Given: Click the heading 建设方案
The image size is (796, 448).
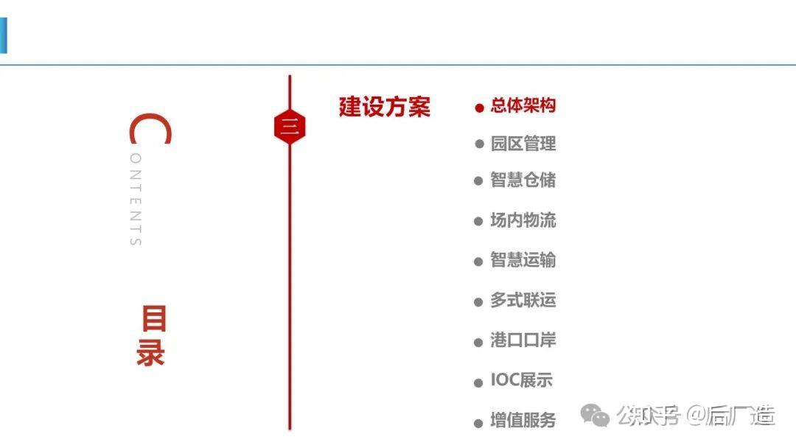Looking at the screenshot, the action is tap(384, 107).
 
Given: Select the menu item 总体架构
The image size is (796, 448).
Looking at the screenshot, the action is tap(523, 105).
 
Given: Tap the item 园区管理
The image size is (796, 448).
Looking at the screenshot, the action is tap(523, 144).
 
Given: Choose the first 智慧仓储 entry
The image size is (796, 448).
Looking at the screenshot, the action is tap(523, 180).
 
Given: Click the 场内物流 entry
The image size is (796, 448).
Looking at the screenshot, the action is tap(523, 220).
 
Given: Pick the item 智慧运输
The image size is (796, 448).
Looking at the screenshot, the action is tap(523, 260).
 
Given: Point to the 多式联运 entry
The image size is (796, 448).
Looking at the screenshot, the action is tap(523, 300).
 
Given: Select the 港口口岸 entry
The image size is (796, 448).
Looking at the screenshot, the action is tap(523, 340).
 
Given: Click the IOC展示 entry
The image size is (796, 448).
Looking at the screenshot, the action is tap(521, 380).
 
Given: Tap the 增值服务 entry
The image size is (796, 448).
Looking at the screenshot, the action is tap(523, 421).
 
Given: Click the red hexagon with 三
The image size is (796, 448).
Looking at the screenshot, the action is tap(289, 127).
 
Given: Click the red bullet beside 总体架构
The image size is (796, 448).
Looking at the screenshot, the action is tap(479, 108).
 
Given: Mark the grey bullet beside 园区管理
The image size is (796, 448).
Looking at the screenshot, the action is tap(479, 144).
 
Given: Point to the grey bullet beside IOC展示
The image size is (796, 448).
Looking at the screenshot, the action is tap(479, 382).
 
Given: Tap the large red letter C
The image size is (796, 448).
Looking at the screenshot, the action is tap(150, 130).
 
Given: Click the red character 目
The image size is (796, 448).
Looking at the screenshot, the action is tap(153, 320).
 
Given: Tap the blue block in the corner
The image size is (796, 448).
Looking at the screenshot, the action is tap(3, 35).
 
